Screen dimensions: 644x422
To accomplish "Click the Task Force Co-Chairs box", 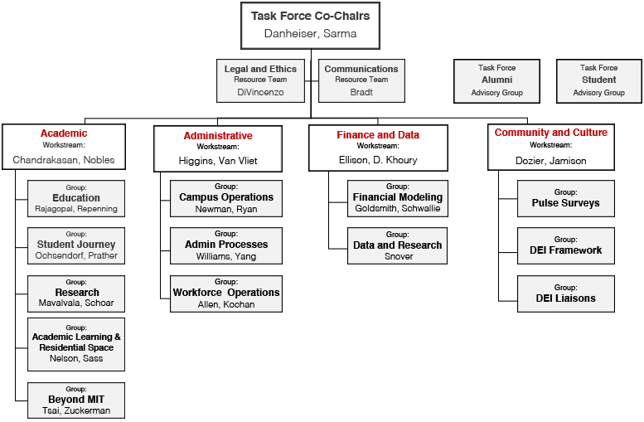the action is click(x=310, y=26).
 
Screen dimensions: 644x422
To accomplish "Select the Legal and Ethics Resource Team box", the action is click(x=260, y=80).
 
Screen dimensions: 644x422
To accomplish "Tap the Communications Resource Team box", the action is click(x=361, y=80).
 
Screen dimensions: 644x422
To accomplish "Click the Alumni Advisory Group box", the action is click(x=496, y=81).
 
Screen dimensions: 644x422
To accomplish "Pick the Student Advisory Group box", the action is click(x=598, y=81).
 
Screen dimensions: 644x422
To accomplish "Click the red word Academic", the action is click(x=64, y=133).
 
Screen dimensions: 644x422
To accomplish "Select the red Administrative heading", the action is click(x=218, y=136).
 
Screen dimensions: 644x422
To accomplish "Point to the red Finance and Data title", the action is click(x=378, y=135).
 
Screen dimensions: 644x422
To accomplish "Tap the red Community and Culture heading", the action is click(x=551, y=133).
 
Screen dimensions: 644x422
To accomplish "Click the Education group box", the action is click(x=76, y=198).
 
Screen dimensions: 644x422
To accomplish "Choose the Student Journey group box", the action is click(x=76, y=245).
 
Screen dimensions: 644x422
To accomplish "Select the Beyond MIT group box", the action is click(x=76, y=400).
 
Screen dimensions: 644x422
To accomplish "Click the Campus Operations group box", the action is click(x=226, y=198).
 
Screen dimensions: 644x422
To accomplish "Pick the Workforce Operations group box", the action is click(x=226, y=293).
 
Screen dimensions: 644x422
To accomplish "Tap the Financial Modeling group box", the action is click(x=398, y=198).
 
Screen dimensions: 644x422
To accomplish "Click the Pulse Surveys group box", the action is click(x=565, y=198).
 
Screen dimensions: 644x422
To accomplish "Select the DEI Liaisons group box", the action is click(x=565, y=293).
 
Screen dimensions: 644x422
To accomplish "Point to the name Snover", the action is click(x=399, y=256).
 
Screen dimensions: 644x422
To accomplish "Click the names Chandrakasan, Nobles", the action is click(x=64, y=160).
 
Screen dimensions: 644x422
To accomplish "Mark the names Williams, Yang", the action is click(x=226, y=256).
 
